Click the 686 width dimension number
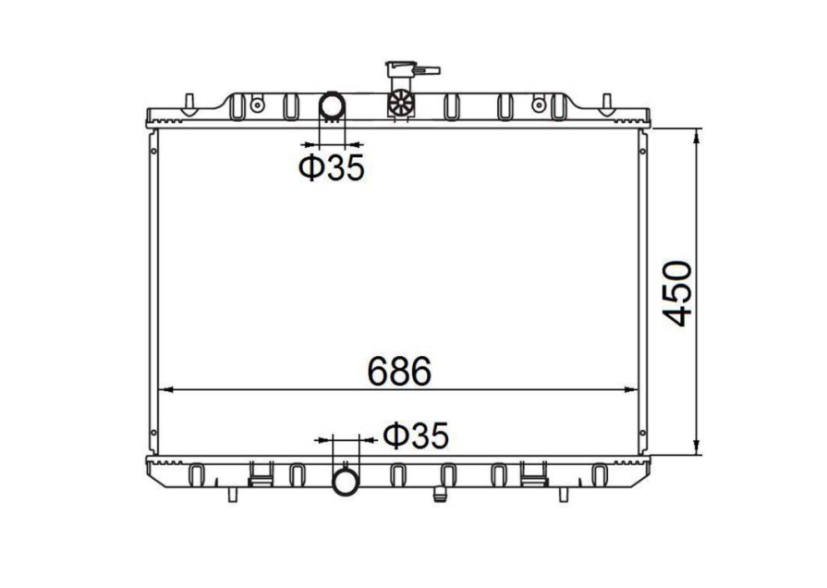pos(399,371)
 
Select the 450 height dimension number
pos(679,293)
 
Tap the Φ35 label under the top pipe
pos(331,167)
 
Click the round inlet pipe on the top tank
pos(332,106)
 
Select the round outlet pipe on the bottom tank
pos(346,480)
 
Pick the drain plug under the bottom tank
pos(441,494)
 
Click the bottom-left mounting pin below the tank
pos(231,494)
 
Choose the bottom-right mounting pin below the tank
pos(563,494)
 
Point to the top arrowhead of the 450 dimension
pos(697,132)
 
